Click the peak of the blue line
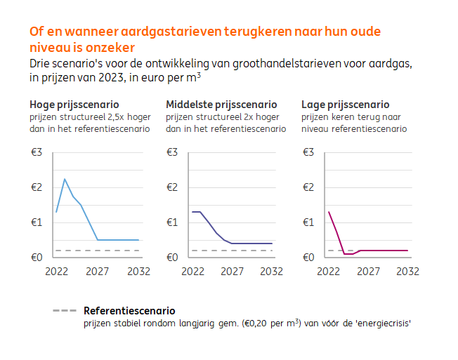tap(65, 179)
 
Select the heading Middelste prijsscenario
tap(221, 105)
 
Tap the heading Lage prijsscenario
tap(345, 105)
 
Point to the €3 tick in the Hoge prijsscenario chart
tap(37, 152)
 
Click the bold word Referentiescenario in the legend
tap(129, 311)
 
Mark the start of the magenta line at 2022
tap(329, 212)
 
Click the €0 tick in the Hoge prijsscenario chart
tap(37, 258)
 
